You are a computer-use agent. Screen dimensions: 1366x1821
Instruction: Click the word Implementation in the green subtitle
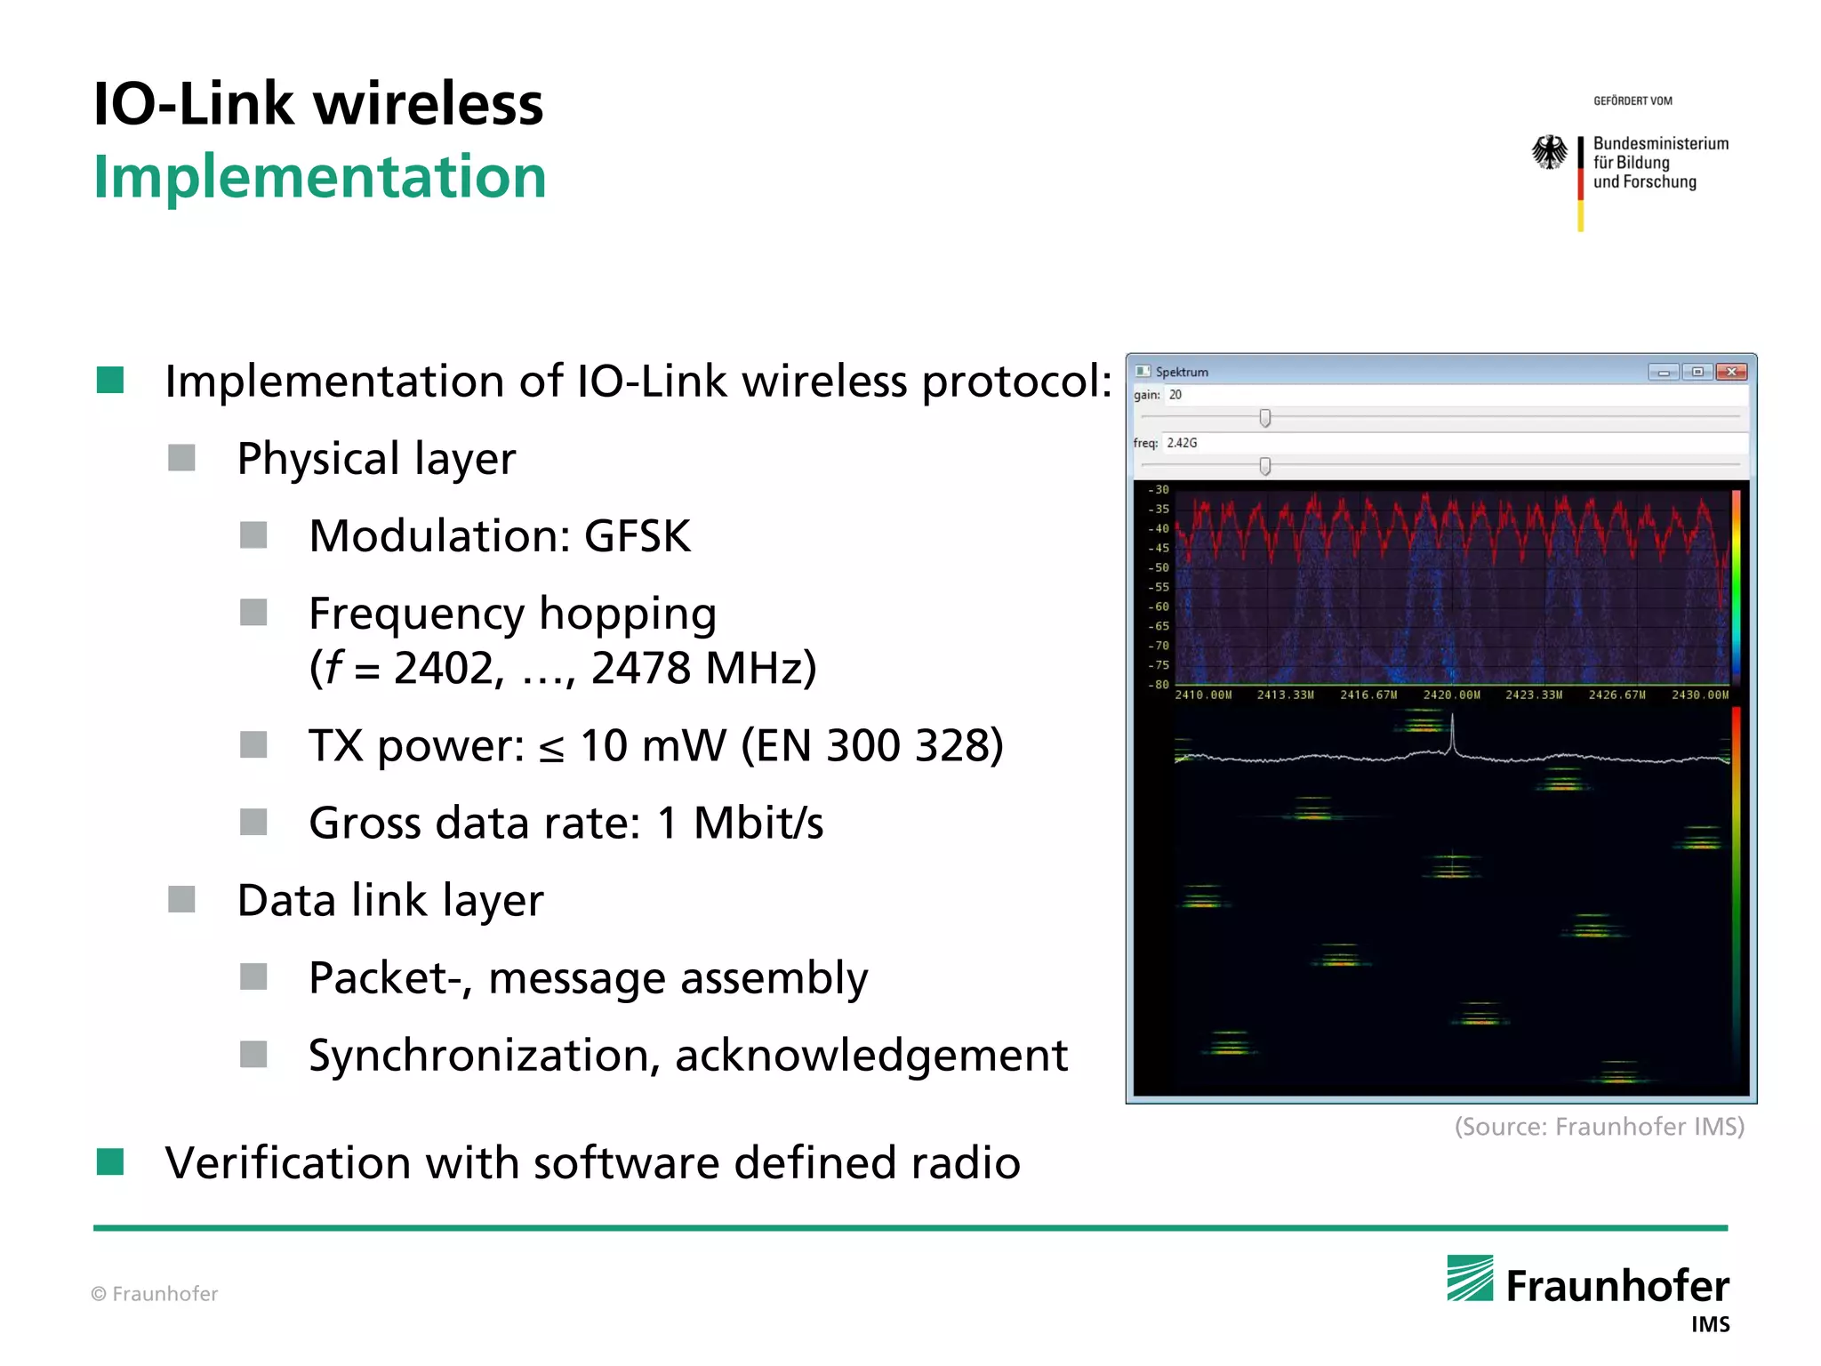coord(319,176)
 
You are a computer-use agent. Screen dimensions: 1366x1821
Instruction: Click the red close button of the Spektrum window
coord(1730,372)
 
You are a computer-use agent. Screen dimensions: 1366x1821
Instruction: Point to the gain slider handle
coord(1264,418)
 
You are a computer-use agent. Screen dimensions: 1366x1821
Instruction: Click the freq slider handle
coord(1264,466)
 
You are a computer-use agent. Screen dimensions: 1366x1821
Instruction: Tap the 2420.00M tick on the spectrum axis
coord(1451,695)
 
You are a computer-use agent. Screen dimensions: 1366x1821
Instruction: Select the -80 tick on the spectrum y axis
coord(1158,685)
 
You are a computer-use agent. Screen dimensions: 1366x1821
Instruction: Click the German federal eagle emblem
coord(1550,152)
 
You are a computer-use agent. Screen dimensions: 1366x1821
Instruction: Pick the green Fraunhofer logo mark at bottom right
coord(1470,1278)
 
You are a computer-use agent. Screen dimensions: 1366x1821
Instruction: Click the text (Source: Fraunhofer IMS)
coord(1599,1127)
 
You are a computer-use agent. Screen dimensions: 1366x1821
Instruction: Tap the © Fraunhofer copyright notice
coord(155,1294)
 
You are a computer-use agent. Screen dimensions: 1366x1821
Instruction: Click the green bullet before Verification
coord(110,1161)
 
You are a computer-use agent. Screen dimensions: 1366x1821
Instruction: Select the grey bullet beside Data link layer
coord(182,899)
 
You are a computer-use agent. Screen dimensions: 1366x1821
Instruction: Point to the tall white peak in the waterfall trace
coord(1452,736)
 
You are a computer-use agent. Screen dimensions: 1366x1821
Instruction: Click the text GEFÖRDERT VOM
coord(1632,101)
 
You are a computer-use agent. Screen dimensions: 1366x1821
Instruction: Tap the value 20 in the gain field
coord(1175,395)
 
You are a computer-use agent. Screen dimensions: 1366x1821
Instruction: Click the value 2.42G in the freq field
coord(1182,443)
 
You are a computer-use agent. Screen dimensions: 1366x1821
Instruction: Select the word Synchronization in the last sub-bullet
coord(478,1056)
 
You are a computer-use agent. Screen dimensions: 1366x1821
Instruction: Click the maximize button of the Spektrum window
coord(1697,372)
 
